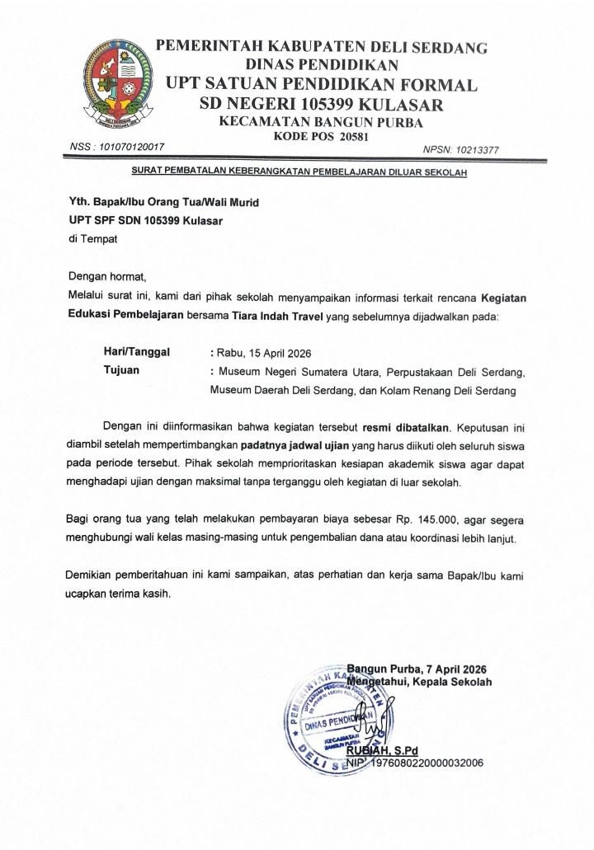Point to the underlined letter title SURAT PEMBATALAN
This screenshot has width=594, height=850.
[x=299, y=172]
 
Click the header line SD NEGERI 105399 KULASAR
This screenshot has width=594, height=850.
[x=322, y=105]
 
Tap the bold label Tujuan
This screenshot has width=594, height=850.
[x=121, y=370]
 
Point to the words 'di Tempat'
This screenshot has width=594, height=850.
[x=92, y=239]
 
